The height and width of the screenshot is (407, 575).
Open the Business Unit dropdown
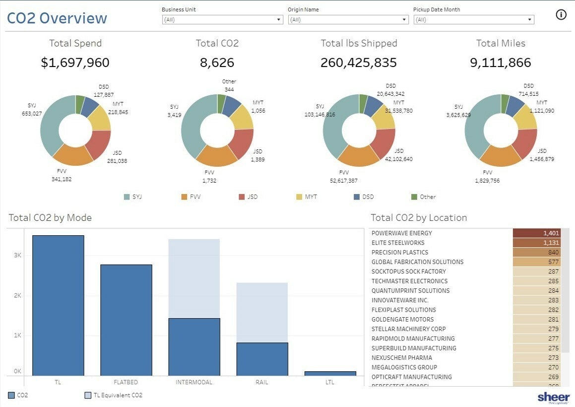pos(222,20)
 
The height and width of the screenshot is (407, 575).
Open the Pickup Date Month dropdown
pos(473,20)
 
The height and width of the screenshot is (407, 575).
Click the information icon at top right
pos(561,14)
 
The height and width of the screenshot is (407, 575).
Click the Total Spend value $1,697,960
pos(75,63)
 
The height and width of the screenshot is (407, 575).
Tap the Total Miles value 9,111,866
pos(500,63)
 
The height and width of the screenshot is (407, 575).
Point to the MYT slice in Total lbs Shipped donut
pos(383,117)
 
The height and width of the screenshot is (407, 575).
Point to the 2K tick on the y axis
pos(17,295)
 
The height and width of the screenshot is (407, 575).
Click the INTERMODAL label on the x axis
pos(194,383)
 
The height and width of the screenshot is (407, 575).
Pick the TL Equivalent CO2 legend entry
pos(114,396)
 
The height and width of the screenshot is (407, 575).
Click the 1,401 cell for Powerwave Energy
pos(536,233)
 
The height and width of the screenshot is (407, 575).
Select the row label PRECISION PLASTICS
pos(399,252)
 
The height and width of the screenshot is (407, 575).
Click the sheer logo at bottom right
pos(554,397)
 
